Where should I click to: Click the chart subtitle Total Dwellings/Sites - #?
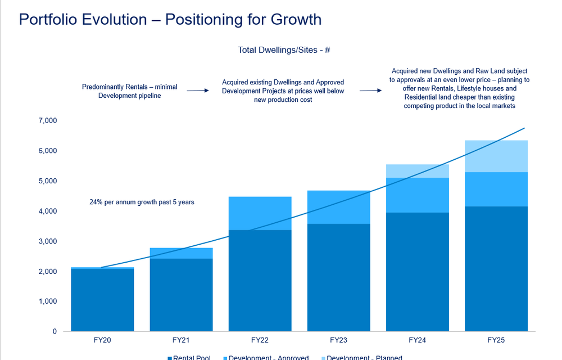[283, 50]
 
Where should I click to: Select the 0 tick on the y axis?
[55, 331]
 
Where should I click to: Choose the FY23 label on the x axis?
[338, 340]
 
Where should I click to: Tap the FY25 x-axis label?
[496, 340]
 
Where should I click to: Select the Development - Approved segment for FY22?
[260, 213]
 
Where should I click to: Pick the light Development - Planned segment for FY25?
[496, 156]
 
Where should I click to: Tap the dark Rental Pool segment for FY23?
[338, 278]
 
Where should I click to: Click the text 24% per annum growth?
[142, 202]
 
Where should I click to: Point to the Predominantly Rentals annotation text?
[129, 91]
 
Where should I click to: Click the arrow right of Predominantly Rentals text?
[198, 90]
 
